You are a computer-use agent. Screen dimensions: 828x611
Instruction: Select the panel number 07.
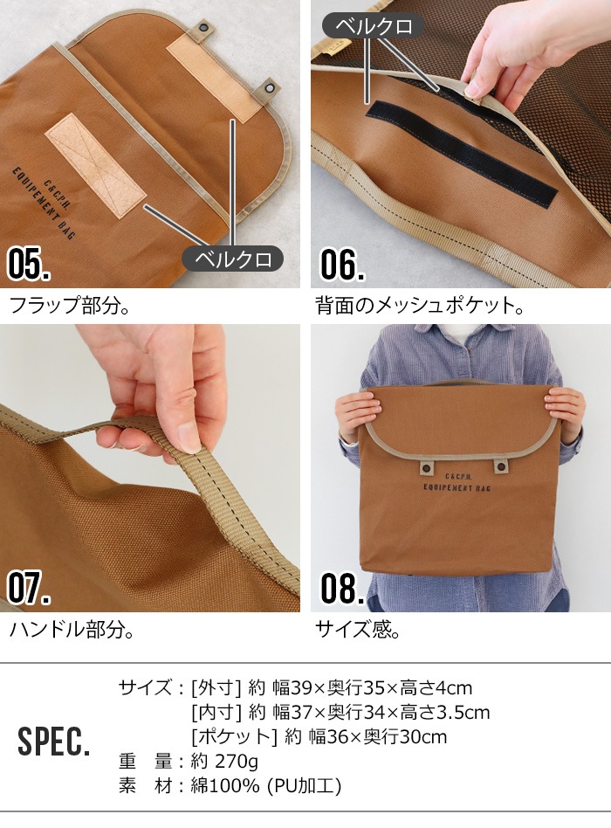pyautogui.click(x=29, y=588)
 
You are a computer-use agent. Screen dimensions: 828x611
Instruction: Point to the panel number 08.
pyautogui.click(x=341, y=588)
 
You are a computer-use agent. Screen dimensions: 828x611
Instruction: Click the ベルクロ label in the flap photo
pyautogui.click(x=232, y=259)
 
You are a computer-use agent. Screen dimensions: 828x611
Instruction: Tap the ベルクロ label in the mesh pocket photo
pyautogui.click(x=373, y=25)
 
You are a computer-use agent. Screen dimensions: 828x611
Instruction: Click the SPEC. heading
pyautogui.click(x=53, y=742)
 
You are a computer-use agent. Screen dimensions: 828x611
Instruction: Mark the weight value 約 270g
pyautogui.click(x=224, y=761)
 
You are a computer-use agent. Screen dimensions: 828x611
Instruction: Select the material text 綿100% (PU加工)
pyautogui.click(x=265, y=785)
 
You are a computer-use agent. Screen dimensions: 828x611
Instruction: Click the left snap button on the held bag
pyautogui.click(x=427, y=468)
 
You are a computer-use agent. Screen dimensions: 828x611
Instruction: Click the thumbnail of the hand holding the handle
pyautogui.click(x=149, y=467)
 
